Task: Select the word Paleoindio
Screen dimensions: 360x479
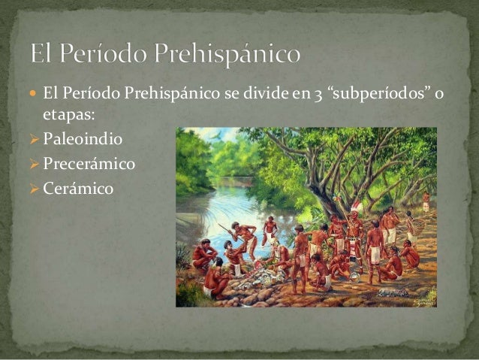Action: (x=83, y=140)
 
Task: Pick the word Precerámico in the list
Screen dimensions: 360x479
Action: (x=90, y=164)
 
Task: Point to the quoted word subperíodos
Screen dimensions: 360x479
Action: (x=387, y=92)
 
